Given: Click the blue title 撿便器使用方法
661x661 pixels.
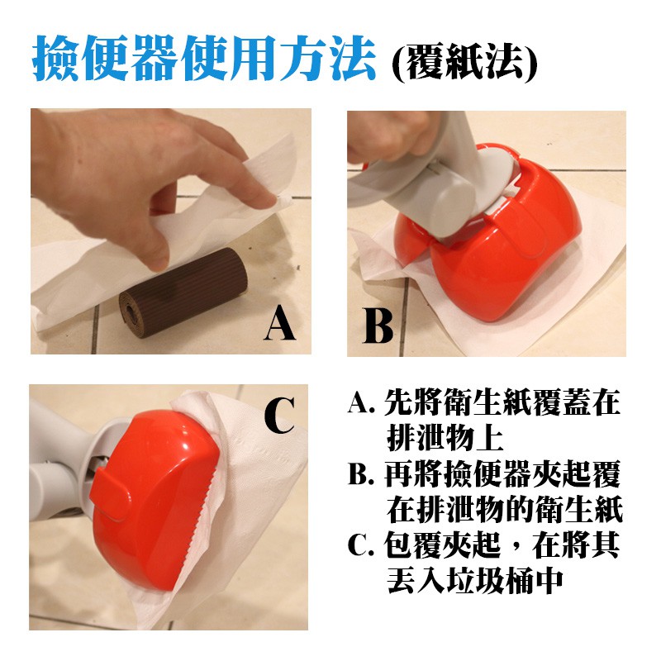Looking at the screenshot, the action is pyautogui.click(x=203, y=58).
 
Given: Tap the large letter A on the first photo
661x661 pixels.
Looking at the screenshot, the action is pyautogui.click(x=280, y=323).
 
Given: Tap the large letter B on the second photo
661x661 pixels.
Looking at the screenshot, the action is pyautogui.click(x=378, y=326).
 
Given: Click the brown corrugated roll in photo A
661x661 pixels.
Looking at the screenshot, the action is pyautogui.click(x=183, y=292).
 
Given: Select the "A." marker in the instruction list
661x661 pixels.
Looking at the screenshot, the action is pyautogui.click(x=361, y=403).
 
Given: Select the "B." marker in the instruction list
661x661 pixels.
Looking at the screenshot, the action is pyautogui.click(x=361, y=474).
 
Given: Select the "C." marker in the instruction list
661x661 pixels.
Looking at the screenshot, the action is pyautogui.click(x=361, y=545).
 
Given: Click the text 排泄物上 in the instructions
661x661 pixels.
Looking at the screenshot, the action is pyautogui.click(x=445, y=439).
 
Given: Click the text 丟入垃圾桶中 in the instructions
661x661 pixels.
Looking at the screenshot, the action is pyautogui.click(x=474, y=582).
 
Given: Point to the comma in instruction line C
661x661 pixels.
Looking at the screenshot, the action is pyautogui.click(x=515, y=551).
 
